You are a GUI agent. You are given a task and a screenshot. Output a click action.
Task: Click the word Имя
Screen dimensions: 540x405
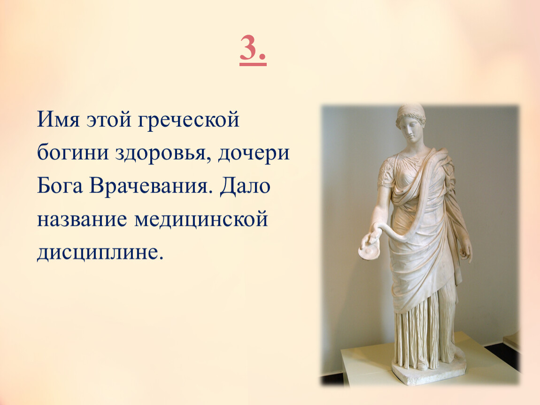(59, 120)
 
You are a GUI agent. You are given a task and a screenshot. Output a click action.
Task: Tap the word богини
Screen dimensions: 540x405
(73, 152)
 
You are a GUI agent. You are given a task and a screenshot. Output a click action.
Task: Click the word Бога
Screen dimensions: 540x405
(60, 186)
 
